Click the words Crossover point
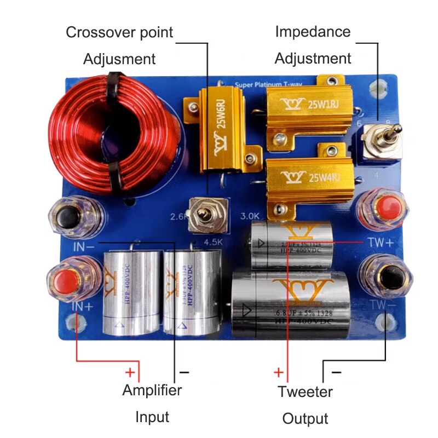tap(119, 32)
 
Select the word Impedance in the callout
tap(313, 31)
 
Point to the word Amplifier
tap(152, 390)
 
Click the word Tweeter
tap(305, 391)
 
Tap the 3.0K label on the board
tap(251, 215)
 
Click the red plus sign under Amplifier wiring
tap(130, 373)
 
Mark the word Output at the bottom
tap(305, 419)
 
